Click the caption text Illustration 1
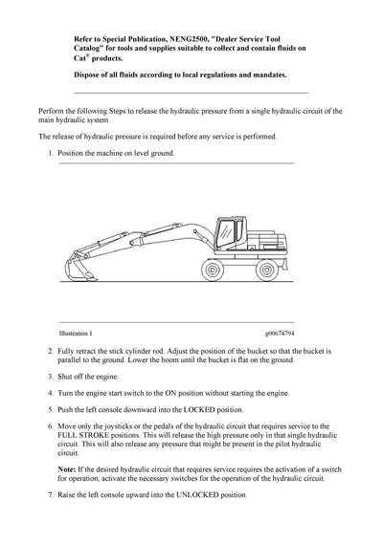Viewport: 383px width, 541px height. pyautogui.click(x=76, y=334)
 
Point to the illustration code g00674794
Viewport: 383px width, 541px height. pyautogui.click(x=280, y=334)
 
